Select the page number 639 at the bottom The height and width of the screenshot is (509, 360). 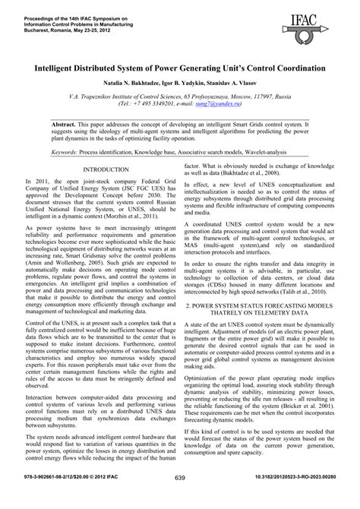[x=180, y=499]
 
